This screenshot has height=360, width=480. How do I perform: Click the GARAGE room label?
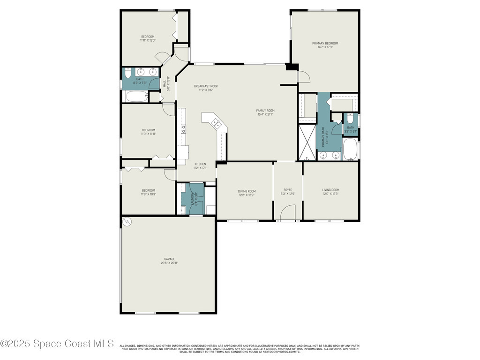click(x=169, y=259)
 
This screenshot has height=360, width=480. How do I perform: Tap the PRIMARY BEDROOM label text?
click(x=325, y=43)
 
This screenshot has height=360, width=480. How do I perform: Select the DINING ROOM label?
click(x=247, y=191)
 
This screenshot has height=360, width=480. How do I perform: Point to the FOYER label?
click(x=287, y=190)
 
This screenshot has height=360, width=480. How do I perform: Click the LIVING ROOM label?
click(x=330, y=190)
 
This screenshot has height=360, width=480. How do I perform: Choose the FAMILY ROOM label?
click(x=265, y=111)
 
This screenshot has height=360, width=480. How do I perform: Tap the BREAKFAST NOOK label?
click(x=206, y=86)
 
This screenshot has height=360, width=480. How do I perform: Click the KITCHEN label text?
click(x=200, y=164)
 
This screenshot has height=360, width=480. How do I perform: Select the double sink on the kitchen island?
click(x=216, y=123)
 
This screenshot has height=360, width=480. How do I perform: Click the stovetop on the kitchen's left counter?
click(x=183, y=128)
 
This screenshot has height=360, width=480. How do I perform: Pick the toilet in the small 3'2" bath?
click(x=351, y=119)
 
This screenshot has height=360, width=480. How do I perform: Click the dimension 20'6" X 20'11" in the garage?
click(x=169, y=263)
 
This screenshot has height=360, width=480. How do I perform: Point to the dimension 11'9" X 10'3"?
click(x=148, y=194)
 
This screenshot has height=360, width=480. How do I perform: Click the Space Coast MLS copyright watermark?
click(x=57, y=344)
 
